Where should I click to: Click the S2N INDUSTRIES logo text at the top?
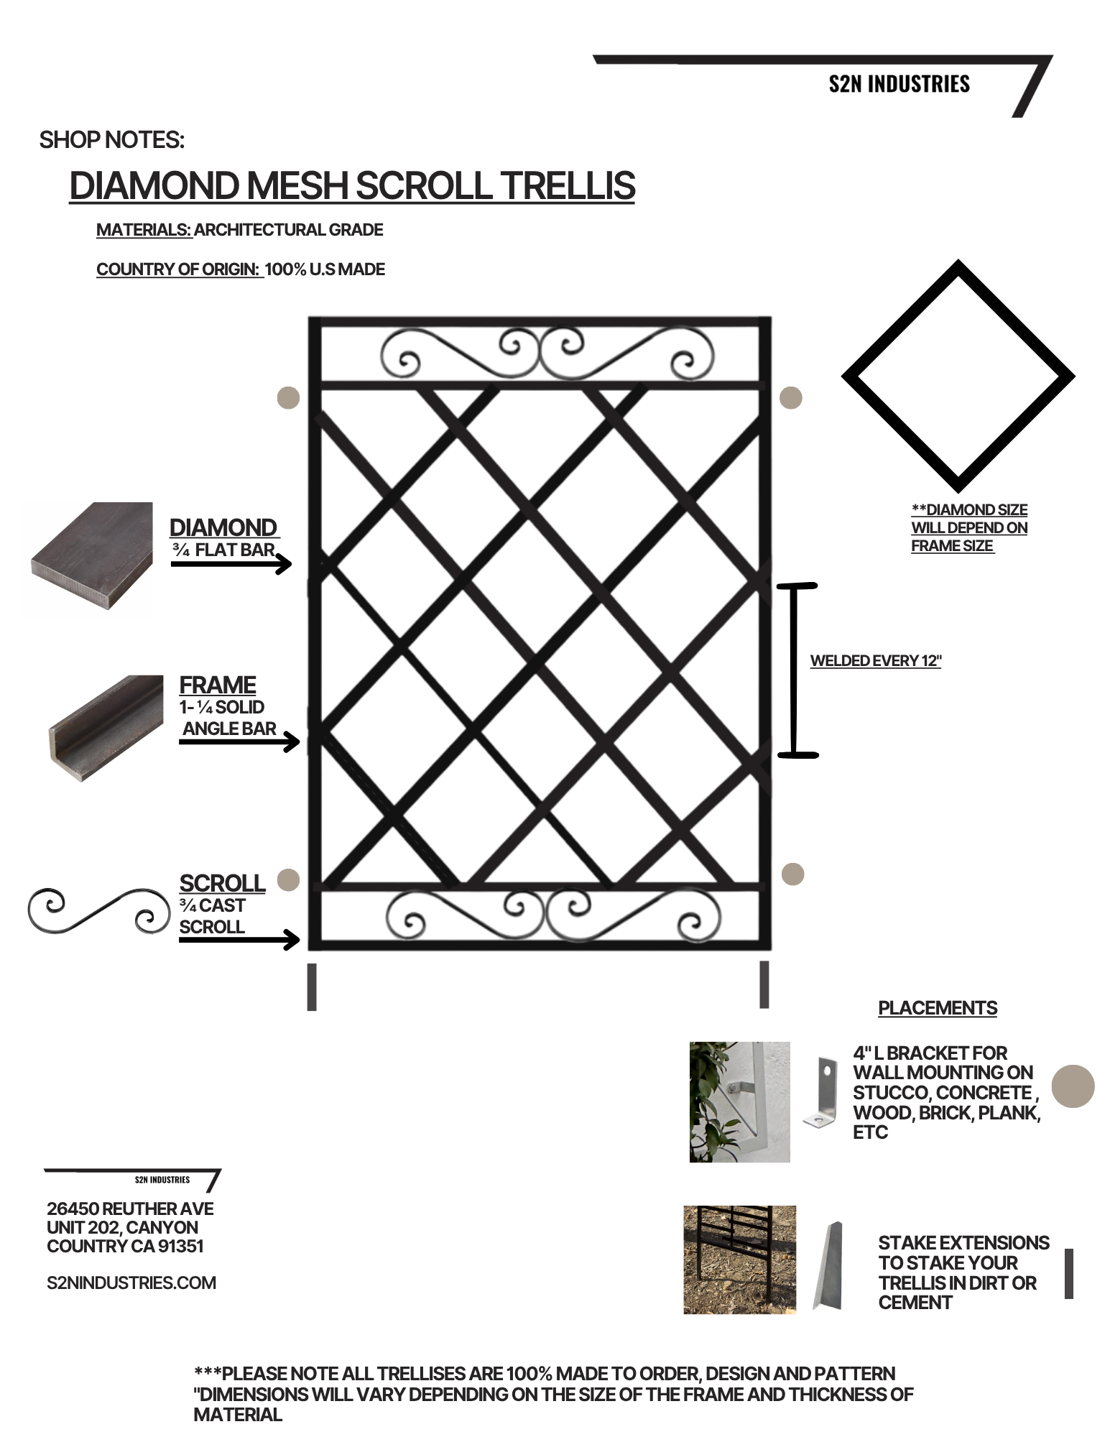pos(899,84)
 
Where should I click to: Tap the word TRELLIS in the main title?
pos(568,185)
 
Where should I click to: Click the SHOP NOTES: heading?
pos(112,139)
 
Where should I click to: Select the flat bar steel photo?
pos(88,557)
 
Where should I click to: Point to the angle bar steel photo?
pos(106,728)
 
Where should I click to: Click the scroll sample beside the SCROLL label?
pos(99,910)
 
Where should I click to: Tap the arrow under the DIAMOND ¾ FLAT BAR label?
pos(231,564)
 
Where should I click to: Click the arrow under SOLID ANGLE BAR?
pos(239,741)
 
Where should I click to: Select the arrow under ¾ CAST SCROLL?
pos(239,939)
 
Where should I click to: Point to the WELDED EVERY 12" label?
pos(876,661)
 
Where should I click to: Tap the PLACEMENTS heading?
pos(938,1008)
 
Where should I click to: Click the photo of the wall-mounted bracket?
pos(739,1101)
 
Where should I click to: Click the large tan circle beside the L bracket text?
pos(1073,1086)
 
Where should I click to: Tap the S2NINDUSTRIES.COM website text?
pos(131,1283)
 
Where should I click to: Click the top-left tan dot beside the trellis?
pos(288,397)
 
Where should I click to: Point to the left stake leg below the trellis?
pos(312,987)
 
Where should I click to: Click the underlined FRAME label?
pos(218,685)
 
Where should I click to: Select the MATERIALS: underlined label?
pos(144,230)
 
